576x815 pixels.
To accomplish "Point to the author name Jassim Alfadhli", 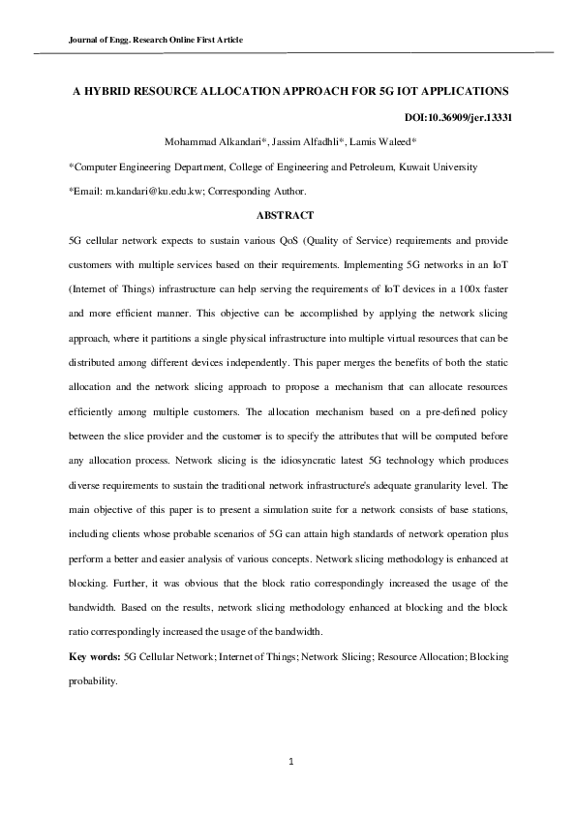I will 301,142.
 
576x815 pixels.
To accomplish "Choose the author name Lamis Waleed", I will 380,142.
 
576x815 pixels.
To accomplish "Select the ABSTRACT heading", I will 287,214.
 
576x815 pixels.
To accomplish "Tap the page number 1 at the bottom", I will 289,762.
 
